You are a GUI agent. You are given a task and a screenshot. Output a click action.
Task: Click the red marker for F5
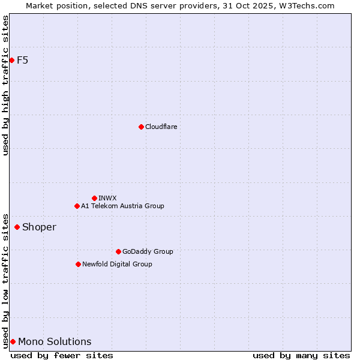point(11,60)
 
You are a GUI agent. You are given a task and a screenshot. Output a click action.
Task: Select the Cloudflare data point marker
point(141,127)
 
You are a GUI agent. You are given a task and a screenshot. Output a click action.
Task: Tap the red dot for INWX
point(94,198)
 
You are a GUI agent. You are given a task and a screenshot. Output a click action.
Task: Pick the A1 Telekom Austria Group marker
point(77,206)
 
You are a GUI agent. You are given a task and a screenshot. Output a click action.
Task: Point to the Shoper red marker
point(17,227)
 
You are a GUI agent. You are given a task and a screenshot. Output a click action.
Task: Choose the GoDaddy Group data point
point(118,251)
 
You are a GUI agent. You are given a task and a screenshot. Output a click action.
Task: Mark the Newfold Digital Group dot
point(78,264)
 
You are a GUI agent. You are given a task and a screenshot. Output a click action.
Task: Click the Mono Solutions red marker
point(13,341)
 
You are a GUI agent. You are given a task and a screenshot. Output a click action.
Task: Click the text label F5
point(23,60)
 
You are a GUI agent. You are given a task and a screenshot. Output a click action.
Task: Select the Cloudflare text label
point(161,127)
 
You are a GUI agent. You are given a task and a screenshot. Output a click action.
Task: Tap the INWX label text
point(107,198)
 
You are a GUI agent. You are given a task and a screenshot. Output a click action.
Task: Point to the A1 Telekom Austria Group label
point(122,206)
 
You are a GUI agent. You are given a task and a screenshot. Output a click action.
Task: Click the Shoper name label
point(39,227)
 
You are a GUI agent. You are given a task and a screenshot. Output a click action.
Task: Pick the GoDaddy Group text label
point(148,251)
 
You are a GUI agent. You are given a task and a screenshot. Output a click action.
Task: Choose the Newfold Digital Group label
point(117,264)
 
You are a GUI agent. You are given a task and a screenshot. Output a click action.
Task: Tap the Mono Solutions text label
point(55,341)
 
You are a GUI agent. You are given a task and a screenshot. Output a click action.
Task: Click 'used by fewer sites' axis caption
point(62,355)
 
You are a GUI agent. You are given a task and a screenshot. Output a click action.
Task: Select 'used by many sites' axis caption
point(301,355)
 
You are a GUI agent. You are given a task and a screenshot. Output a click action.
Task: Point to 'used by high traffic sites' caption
point(5,85)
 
